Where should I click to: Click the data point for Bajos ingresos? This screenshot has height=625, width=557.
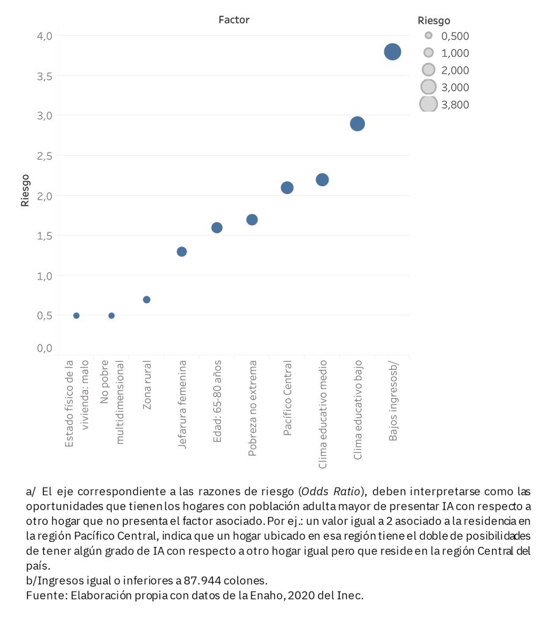392,52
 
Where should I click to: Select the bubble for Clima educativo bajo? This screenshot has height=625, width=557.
358,124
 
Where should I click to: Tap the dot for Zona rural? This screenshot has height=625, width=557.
146,300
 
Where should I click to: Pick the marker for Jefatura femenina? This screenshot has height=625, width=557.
182,251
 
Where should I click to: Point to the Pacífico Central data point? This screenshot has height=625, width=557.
287,187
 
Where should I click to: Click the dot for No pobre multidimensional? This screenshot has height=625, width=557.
112,316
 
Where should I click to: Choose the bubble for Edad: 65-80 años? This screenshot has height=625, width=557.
217,228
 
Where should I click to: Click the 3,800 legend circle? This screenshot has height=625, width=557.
428,104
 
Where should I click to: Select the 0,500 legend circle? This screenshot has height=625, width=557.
428,35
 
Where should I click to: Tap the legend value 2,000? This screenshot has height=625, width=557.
455,70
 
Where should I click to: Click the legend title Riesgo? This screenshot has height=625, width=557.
434,21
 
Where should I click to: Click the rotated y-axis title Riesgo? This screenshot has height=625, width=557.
25,190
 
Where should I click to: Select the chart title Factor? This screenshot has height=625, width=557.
234,20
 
